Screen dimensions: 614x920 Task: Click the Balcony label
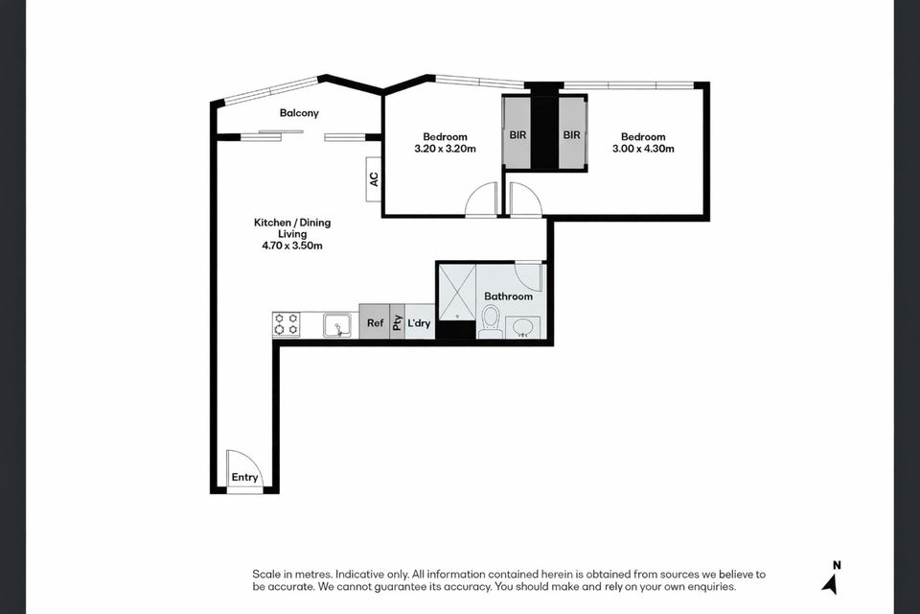pos(299,113)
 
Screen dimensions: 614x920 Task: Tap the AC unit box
pos(374,179)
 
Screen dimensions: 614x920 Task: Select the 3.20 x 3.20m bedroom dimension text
pos(445,149)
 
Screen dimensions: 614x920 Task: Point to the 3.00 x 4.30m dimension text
pos(643,149)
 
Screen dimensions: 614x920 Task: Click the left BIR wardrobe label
pos(517,135)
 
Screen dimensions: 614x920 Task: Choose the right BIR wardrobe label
pos(572,135)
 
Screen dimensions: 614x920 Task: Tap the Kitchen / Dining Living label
pos(291,227)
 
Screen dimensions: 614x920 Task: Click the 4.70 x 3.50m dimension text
pos(291,246)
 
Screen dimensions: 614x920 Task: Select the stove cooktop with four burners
pos(287,324)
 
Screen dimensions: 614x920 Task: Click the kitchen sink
pos(337,325)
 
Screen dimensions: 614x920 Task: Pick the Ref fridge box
pos(375,323)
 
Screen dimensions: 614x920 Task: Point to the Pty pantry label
pos(397,322)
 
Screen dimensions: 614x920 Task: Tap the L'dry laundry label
pos(419,323)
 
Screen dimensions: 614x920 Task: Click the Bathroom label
pos(508,296)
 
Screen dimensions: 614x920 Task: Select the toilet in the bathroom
pos(491,321)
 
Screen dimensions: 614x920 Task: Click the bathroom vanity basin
pos(523,327)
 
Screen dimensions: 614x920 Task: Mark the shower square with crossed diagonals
pos(457,289)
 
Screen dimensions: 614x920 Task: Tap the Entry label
pos(244,478)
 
